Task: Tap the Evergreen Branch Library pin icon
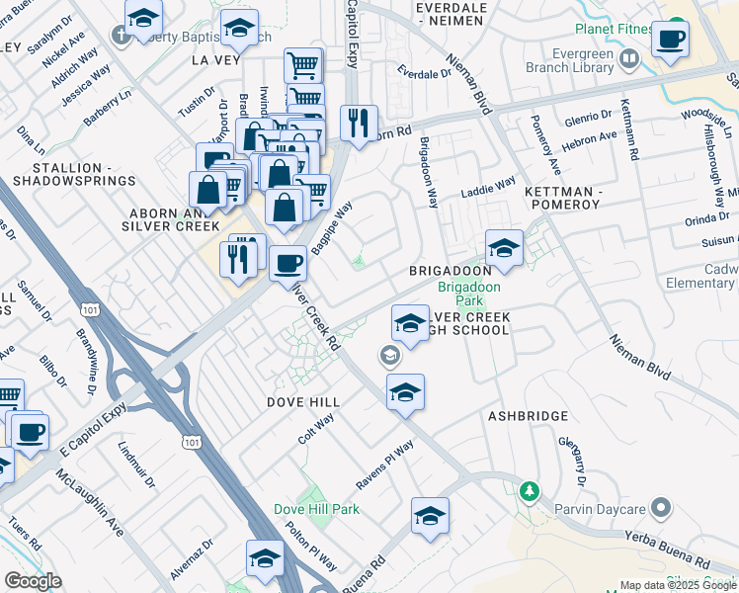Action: tap(628, 62)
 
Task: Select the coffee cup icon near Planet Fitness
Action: tap(671, 40)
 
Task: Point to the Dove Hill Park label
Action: tap(316, 509)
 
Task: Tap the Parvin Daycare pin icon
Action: tap(661, 509)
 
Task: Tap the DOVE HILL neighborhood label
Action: tap(303, 402)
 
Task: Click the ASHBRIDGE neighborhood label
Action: tap(528, 416)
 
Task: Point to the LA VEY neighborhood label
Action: tap(216, 59)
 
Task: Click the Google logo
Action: tap(33, 581)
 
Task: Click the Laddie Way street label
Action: tap(491, 185)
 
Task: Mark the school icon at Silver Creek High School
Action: tap(409, 322)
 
